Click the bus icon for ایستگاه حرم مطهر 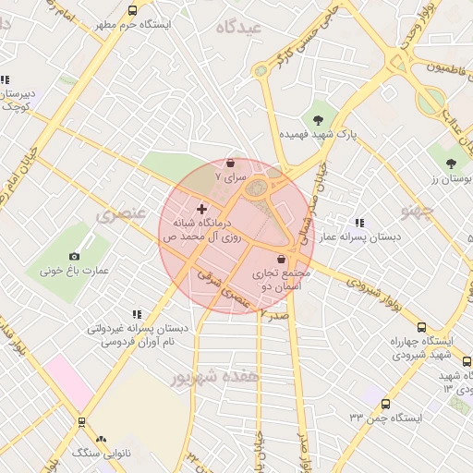tap(133, 11)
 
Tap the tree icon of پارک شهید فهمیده tap(319, 119)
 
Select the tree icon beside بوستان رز tap(451, 164)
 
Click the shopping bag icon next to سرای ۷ tap(230, 163)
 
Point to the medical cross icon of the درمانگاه tap(202, 210)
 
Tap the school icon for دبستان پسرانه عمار tap(359, 223)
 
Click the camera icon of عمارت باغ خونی tap(74, 256)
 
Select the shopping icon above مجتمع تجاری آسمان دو tap(281, 260)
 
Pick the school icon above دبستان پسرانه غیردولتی tap(138, 314)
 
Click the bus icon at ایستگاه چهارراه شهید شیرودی tap(422, 327)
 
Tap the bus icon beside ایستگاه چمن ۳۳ tap(385, 403)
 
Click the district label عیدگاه tap(239, 28)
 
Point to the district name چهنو tap(418, 212)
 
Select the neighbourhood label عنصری tap(120, 214)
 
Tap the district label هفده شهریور tap(215, 377)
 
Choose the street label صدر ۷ tap(275, 316)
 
